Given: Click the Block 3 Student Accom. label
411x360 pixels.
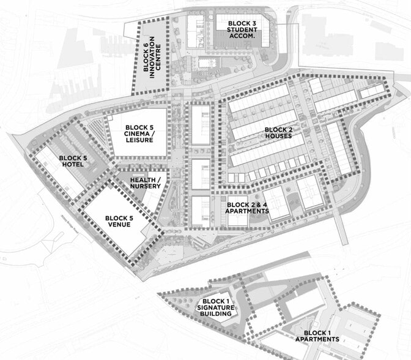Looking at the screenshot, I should (240, 29).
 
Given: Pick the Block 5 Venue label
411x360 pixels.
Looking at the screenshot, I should (119, 222).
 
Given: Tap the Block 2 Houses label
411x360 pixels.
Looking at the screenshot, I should (278, 133).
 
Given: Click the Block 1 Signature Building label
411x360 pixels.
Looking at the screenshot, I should (218, 308).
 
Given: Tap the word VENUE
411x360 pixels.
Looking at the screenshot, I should (119, 226).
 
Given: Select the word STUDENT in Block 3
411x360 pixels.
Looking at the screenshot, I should (241, 29).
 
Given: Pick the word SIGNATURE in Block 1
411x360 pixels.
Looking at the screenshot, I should (218, 308).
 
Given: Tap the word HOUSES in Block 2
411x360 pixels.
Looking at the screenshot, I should (278, 137).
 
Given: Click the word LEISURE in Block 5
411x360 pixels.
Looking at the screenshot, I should (137, 140).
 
